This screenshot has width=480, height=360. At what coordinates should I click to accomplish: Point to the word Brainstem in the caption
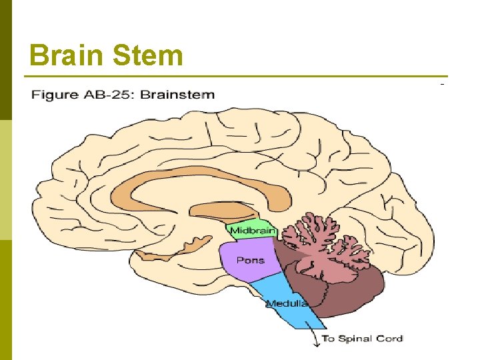click(178, 94)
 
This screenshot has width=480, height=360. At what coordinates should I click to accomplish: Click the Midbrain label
click(250, 231)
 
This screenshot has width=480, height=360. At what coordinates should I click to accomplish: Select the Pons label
click(250, 260)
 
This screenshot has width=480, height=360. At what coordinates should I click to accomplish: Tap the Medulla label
click(287, 303)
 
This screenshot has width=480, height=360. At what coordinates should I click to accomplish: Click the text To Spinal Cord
click(362, 338)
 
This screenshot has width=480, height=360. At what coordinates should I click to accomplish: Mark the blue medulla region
click(280, 293)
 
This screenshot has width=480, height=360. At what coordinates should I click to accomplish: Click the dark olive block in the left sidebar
click(6, 60)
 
